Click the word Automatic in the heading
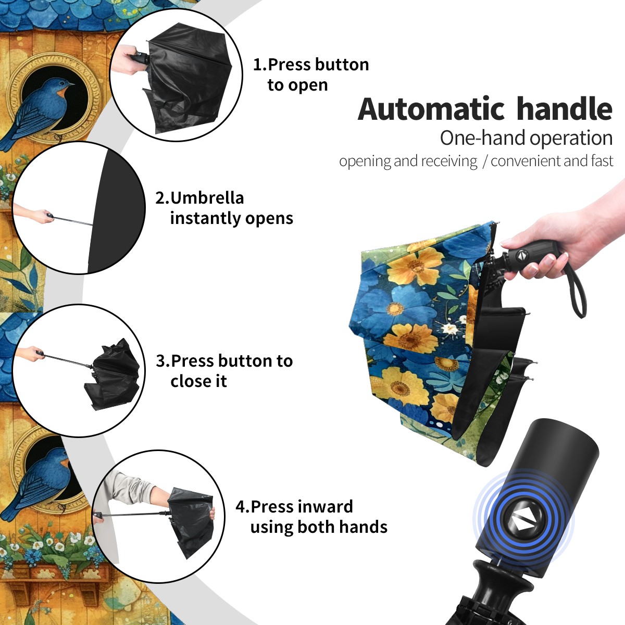[431, 109]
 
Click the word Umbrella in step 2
[207, 198]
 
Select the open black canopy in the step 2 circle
[116, 211]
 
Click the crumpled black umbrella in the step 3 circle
[112, 374]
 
